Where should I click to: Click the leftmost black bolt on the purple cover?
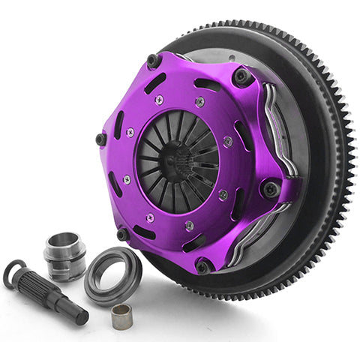[x=100, y=139]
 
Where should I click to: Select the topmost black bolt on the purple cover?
[x=154, y=60]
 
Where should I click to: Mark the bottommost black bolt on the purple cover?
[x=202, y=266]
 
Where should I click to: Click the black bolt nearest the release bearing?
[x=123, y=234]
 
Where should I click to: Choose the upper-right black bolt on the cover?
[x=241, y=76]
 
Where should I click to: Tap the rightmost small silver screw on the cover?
[x=227, y=141]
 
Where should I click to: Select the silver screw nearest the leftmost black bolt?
[x=130, y=133]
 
